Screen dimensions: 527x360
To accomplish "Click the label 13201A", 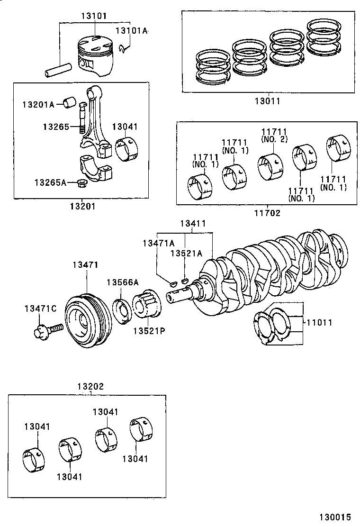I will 38,104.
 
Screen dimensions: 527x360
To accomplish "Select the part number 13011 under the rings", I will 267,101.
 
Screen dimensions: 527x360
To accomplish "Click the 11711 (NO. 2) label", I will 274,135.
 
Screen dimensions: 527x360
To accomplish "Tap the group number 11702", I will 267,213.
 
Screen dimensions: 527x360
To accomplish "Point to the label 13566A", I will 122,282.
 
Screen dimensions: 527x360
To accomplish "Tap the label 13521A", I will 186,253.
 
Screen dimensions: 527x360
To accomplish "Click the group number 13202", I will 90,386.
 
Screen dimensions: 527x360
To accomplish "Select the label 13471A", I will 159,243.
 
